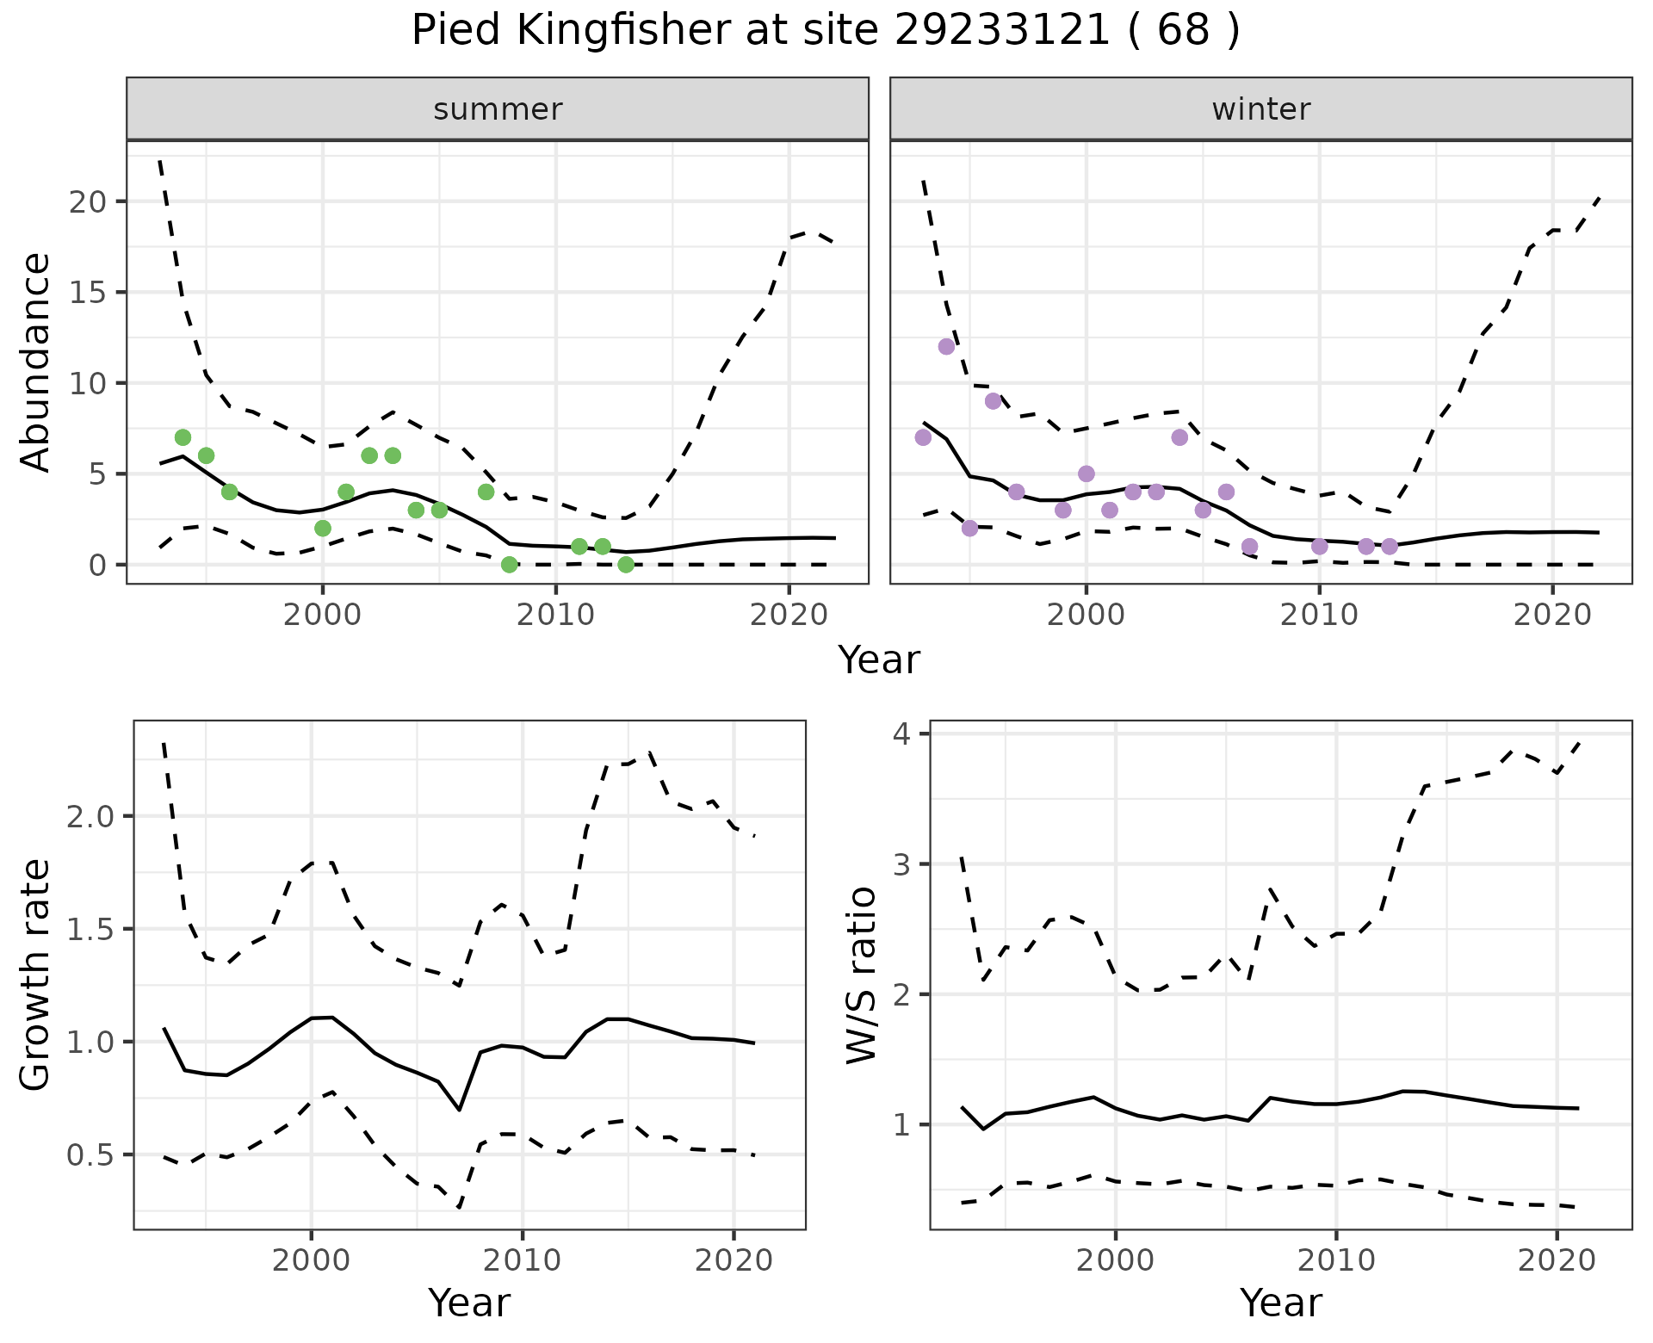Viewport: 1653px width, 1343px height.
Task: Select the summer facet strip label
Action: coord(498,109)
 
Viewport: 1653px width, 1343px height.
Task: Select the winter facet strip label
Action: coord(1260,109)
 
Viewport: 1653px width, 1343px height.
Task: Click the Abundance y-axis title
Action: coord(36,362)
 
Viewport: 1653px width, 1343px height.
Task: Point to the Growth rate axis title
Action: coord(36,975)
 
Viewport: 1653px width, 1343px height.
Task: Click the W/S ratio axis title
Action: coord(861,975)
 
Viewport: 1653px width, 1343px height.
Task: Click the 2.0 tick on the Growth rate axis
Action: coord(90,817)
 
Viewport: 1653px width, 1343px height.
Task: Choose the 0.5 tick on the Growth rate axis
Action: coord(90,1155)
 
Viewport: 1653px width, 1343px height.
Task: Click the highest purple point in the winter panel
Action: coord(946,347)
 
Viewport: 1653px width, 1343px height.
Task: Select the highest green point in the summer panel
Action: coord(183,437)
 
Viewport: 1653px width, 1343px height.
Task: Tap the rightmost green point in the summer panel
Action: coord(626,565)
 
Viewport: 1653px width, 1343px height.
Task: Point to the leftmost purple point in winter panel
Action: coord(923,437)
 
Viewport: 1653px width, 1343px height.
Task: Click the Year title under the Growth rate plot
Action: coord(469,1303)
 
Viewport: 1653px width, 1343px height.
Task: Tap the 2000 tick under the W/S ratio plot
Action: coord(1115,1261)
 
